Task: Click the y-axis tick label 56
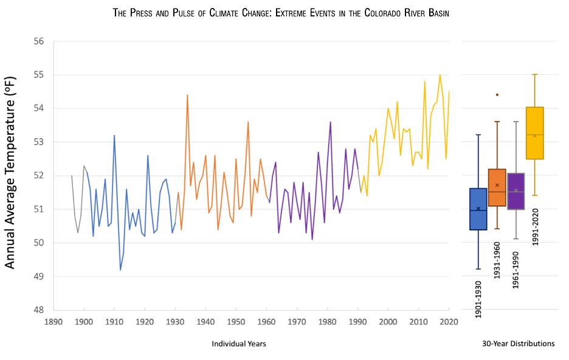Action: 39,41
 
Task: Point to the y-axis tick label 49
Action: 39,277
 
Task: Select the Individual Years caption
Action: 239,344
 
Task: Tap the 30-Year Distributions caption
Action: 518,344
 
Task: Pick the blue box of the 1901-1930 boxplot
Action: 478,209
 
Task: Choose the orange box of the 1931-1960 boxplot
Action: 497,187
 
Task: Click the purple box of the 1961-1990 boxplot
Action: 516,191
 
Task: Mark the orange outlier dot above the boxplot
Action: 497,95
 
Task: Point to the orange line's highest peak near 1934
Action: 187,95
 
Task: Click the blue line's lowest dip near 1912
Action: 120,269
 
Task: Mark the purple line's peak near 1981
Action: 330,122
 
